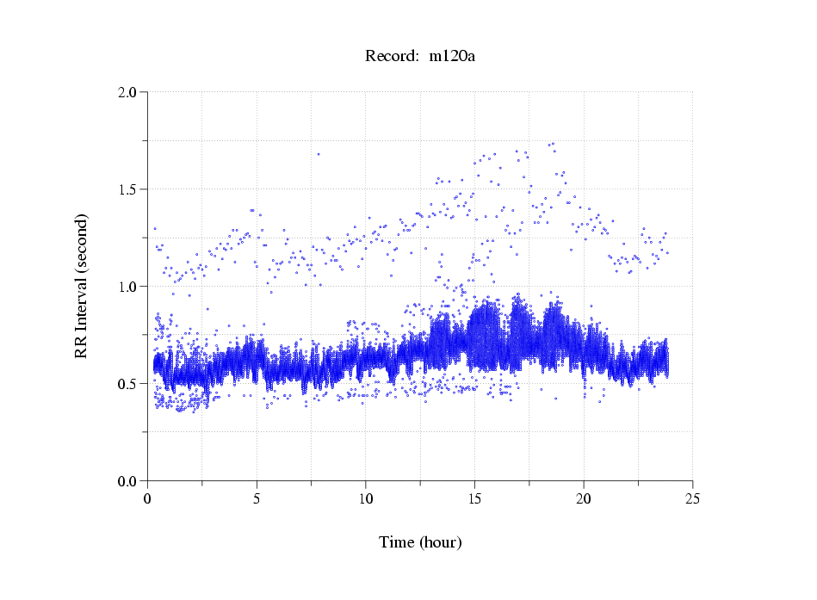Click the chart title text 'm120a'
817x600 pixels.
pyautogui.click(x=453, y=57)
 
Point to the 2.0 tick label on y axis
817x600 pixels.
pyautogui.click(x=128, y=92)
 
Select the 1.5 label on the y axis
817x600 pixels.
pyautogui.click(x=128, y=189)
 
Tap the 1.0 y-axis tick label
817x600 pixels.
pyautogui.click(x=128, y=287)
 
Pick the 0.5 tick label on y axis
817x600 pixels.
pyautogui.click(x=128, y=384)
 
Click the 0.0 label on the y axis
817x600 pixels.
pyautogui.click(x=128, y=481)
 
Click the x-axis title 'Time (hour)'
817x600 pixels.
pyautogui.click(x=420, y=542)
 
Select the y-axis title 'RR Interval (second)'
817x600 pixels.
pyautogui.click(x=82, y=286)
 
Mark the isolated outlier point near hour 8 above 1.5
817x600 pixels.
pyautogui.click(x=319, y=154)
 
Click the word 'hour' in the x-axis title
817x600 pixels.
pyautogui.click(x=440, y=542)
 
